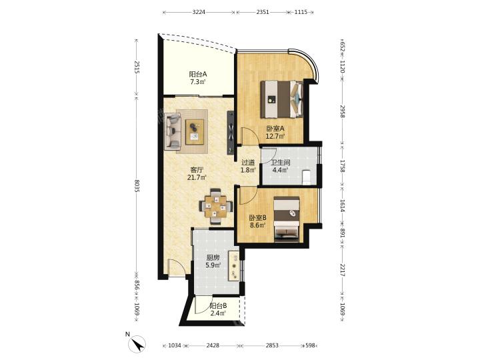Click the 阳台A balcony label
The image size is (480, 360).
pyautogui.click(x=198, y=74)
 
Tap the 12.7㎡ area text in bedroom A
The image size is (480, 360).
pyautogui.click(x=275, y=136)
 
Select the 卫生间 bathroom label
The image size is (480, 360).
pyautogui.click(x=281, y=163)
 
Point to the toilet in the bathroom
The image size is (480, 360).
pyautogui.click(x=306, y=177)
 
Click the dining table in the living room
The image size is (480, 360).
pyautogui.click(x=216, y=207)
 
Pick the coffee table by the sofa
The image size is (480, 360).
pyautogui.click(x=195, y=131)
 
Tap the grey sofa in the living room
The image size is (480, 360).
pyautogui.click(x=173, y=131)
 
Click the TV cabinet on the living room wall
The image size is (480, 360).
pyautogui.click(x=231, y=133)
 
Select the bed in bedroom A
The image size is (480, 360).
pyautogui.click(x=281, y=99)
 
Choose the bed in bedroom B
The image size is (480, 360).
pyautogui.click(x=287, y=219)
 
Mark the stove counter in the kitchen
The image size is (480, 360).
pyautogui.click(x=235, y=266)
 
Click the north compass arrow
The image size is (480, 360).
pyautogui.click(x=139, y=343)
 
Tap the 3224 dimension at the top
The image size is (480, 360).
pyautogui.click(x=199, y=12)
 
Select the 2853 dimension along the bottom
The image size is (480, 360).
pyautogui.click(x=272, y=345)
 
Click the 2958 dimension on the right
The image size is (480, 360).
pyautogui.click(x=343, y=111)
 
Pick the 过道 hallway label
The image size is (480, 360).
pyautogui.click(x=248, y=163)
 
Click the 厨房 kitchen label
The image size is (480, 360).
pyautogui.click(x=213, y=257)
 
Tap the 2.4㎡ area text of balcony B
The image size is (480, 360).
pyautogui.click(x=218, y=313)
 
